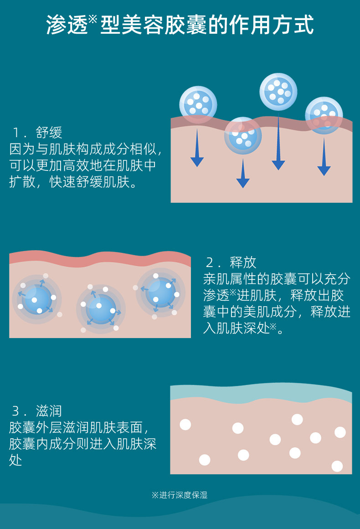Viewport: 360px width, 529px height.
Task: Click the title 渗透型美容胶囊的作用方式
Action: click(x=180, y=26)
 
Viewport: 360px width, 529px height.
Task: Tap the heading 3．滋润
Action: click(x=36, y=411)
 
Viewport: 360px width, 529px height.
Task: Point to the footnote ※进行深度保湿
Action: click(x=180, y=495)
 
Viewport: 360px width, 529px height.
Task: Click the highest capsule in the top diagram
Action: click(x=278, y=92)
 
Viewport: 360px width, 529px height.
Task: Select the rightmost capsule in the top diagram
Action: click(x=324, y=115)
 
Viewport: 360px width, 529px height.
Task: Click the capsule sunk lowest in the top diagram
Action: click(x=243, y=136)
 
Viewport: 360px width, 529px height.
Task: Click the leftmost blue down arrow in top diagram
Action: click(x=197, y=148)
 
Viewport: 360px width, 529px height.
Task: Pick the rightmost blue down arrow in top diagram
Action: click(x=324, y=157)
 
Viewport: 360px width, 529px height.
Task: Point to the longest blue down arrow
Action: click(x=278, y=144)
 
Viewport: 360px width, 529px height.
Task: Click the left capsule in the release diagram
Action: click(x=36, y=299)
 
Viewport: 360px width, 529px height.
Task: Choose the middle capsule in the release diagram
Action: click(x=101, y=308)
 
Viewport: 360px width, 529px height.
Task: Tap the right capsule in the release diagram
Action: click(x=160, y=292)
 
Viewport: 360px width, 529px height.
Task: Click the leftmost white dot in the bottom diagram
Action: click(x=185, y=425)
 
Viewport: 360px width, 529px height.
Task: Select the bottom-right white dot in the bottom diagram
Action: click(x=337, y=466)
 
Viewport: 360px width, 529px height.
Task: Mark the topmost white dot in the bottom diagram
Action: click(x=297, y=419)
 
